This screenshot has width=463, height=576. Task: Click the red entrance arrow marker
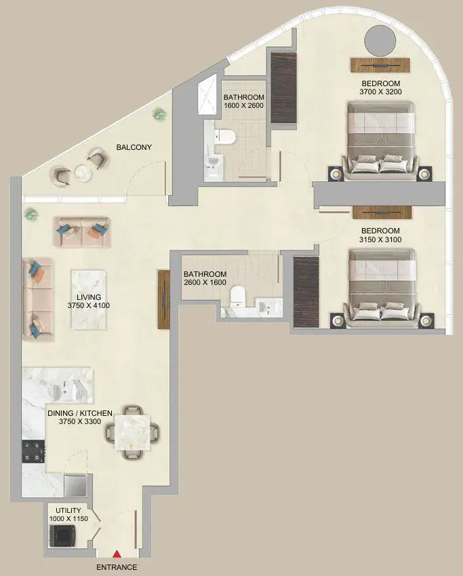[117, 556]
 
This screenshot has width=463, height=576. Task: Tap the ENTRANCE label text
[117, 567]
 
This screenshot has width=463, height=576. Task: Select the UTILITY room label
[68, 510]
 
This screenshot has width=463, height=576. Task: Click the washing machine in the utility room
[61, 535]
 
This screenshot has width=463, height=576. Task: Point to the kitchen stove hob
[34, 450]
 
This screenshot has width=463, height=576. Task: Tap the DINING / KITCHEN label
[80, 412]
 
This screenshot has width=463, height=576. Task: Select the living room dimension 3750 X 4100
[89, 305]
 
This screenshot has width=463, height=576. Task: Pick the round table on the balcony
[83, 174]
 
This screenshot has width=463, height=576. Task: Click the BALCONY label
[134, 147]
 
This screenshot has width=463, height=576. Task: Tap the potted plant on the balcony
[159, 113]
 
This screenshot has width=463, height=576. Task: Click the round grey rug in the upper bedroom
[380, 41]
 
